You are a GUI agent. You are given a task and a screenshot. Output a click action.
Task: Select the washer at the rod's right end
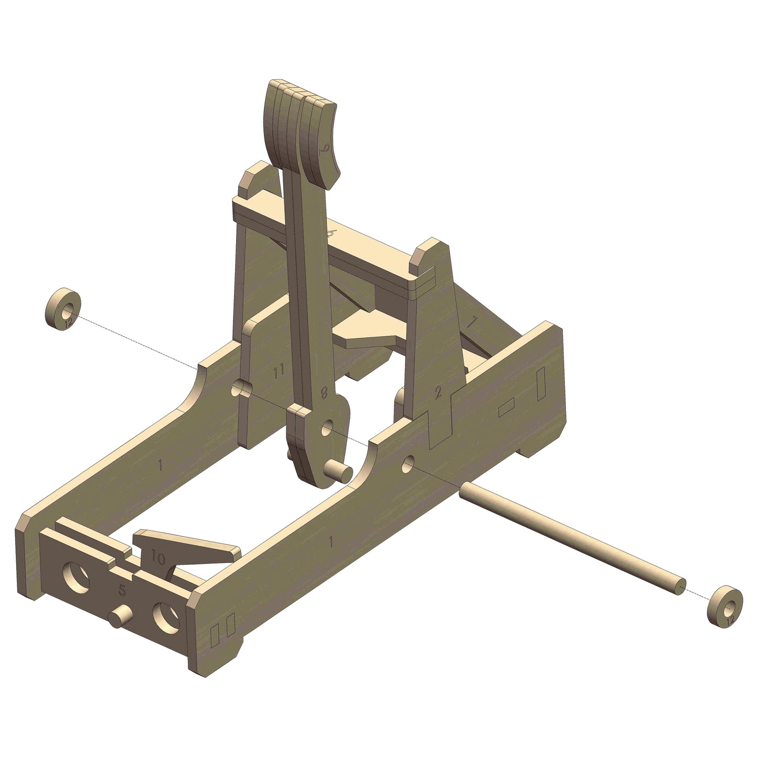tap(725, 605)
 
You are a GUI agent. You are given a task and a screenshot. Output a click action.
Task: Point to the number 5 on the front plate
tap(122, 591)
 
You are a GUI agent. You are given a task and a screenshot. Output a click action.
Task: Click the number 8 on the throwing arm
tap(325, 393)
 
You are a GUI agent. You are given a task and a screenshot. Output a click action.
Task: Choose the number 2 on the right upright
tap(439, 392)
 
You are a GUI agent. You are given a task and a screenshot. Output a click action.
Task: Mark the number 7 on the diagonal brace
tap(472, 323)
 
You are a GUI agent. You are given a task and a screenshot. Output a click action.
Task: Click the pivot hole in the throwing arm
tap(327, 429)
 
